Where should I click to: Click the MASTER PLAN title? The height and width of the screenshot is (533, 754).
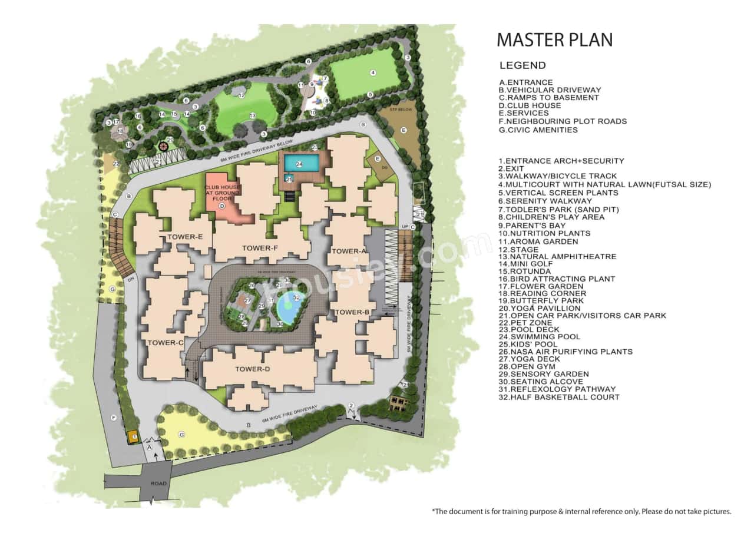tap(554, 39)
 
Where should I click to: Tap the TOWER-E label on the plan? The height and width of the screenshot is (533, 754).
tap(185, 237)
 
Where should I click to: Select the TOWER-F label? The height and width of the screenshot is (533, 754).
tap(260, 249)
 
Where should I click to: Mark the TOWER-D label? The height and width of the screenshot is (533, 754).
tap(252, 369)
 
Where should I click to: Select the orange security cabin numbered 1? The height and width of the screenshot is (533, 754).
tap(133, 436)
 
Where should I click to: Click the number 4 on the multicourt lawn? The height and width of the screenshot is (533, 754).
tap(373, 72)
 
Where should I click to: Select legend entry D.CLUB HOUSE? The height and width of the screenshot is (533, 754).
tap(530, 105)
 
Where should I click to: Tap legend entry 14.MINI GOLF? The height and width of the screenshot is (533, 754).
tap(524, 264)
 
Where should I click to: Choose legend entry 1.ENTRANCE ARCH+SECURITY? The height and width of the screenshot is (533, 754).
tap(561, 161)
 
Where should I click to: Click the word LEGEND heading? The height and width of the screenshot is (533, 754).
tap(522, 65)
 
